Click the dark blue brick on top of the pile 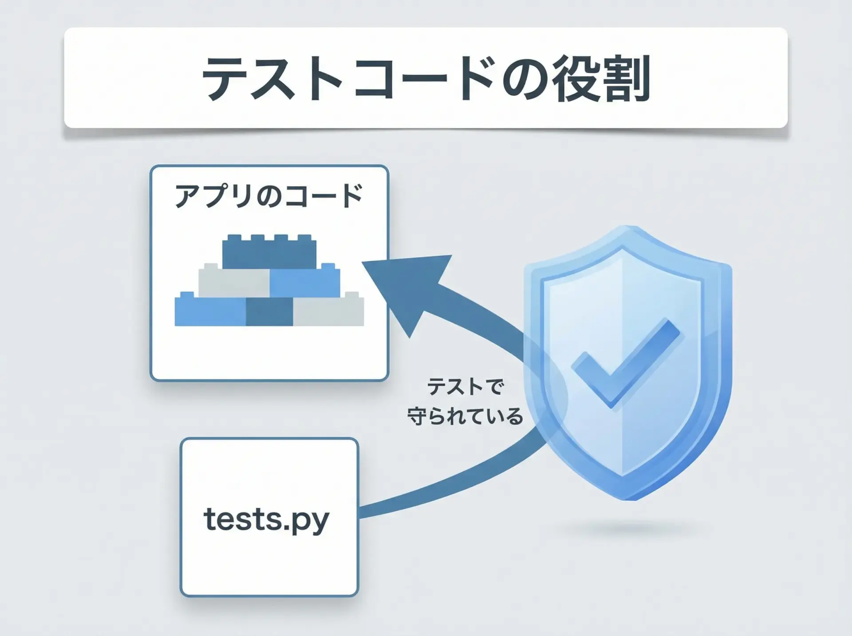point(269,252)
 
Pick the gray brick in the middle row point(234,280)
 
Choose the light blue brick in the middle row point(305,280)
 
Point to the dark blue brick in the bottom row point(269,311)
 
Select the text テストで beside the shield point(465,386)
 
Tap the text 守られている point(465,416)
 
